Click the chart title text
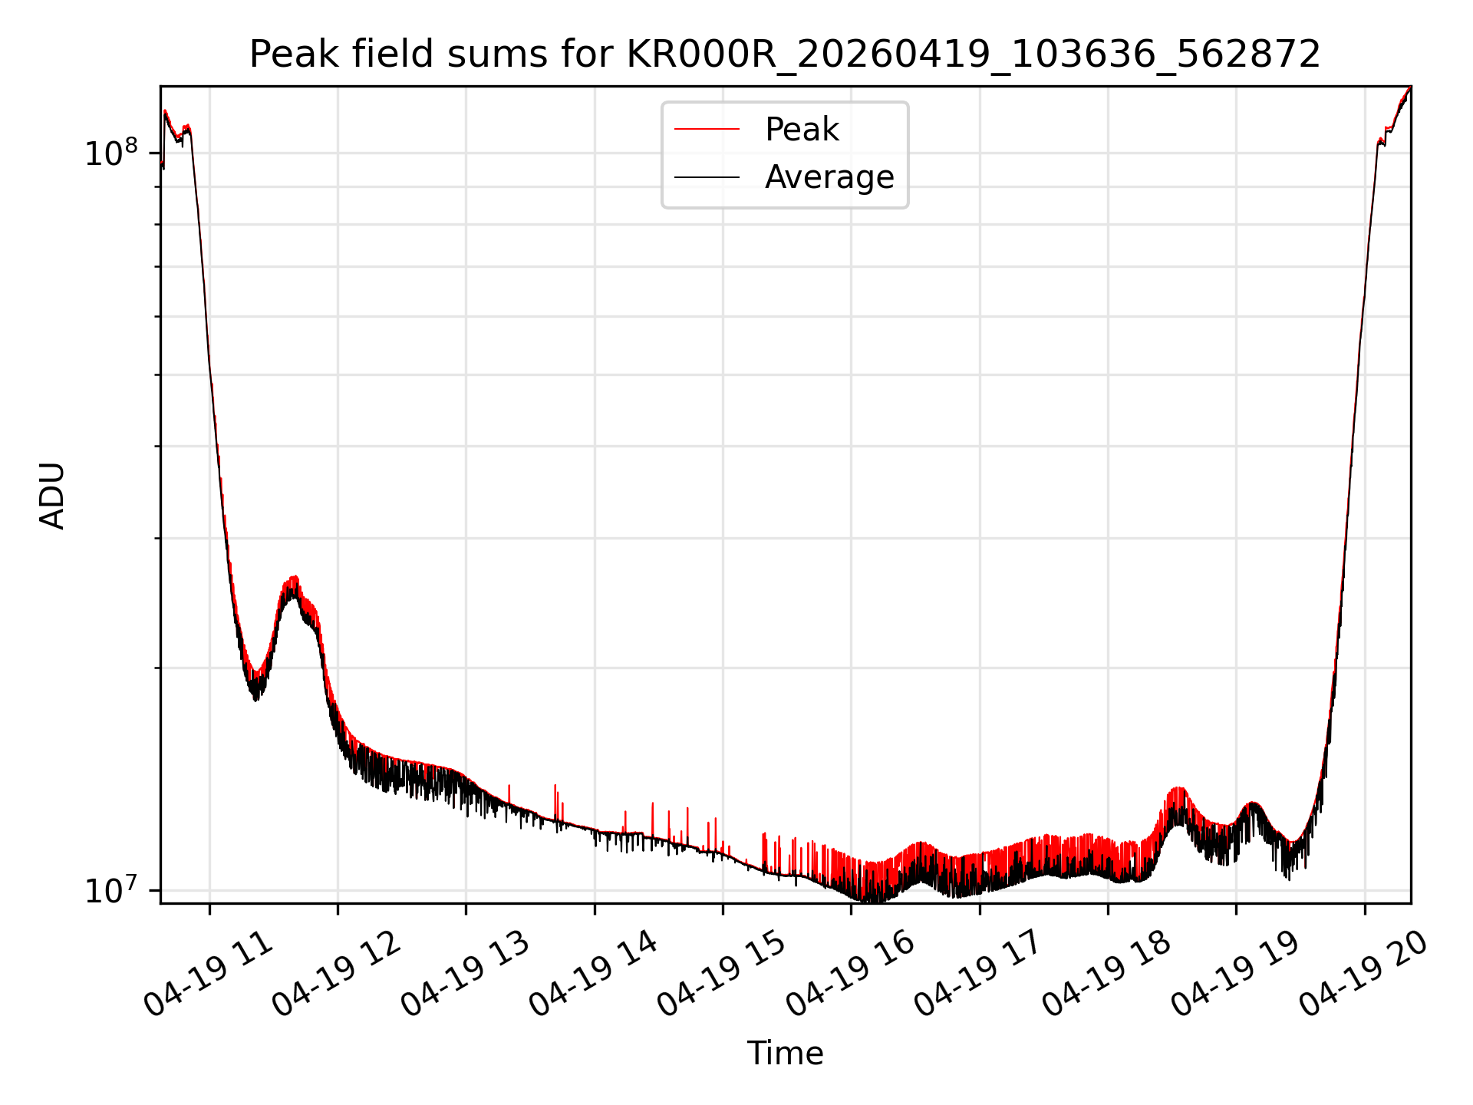785,54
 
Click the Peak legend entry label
802,130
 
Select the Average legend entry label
829,177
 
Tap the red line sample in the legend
707,130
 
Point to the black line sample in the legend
707,178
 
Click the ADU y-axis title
52,495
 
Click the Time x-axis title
785,1054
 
